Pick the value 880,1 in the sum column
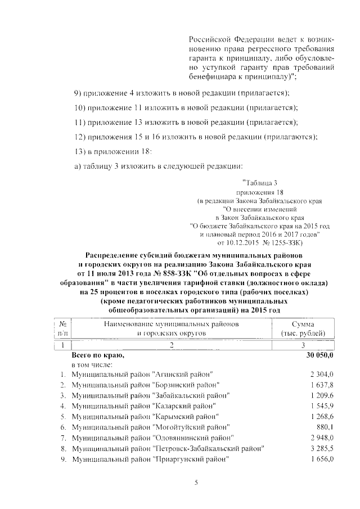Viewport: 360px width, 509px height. (326, 427)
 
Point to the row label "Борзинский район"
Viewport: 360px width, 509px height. (145, 385)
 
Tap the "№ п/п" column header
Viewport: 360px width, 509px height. (64, 328)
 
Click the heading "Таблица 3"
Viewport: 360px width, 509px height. (260, 183)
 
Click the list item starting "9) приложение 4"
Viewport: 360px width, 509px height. (182, 92)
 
